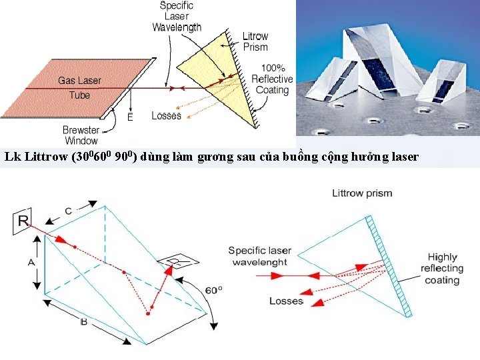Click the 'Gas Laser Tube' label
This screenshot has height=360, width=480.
click(x=79, y=87)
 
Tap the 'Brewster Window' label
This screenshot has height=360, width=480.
click(x=81, y=135)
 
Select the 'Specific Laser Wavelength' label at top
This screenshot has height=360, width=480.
click(x=176, y=17)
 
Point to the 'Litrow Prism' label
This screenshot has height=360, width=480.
click(x=255, y=41)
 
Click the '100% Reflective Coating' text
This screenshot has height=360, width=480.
click(x=272, y=79)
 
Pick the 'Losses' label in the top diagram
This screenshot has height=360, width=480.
click(x=166, y=115)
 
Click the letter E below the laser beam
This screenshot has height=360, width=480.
click(x=130, y=117)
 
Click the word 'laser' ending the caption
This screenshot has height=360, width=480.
click(x=403, y=157)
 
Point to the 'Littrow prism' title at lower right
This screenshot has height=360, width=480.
click(x=362, y=193)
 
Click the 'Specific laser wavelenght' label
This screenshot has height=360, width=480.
click(x=259, y=256)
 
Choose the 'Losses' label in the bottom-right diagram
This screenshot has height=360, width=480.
click(x=286, y=301)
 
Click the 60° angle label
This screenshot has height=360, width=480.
click(x=213, y=290)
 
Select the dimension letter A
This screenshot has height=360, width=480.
click(x=31, y=262)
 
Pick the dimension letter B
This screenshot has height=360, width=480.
click(x=83, y=322)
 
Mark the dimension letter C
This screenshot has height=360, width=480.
click(x=69, y=211)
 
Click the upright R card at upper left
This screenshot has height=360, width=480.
click(x=22, y=221)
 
